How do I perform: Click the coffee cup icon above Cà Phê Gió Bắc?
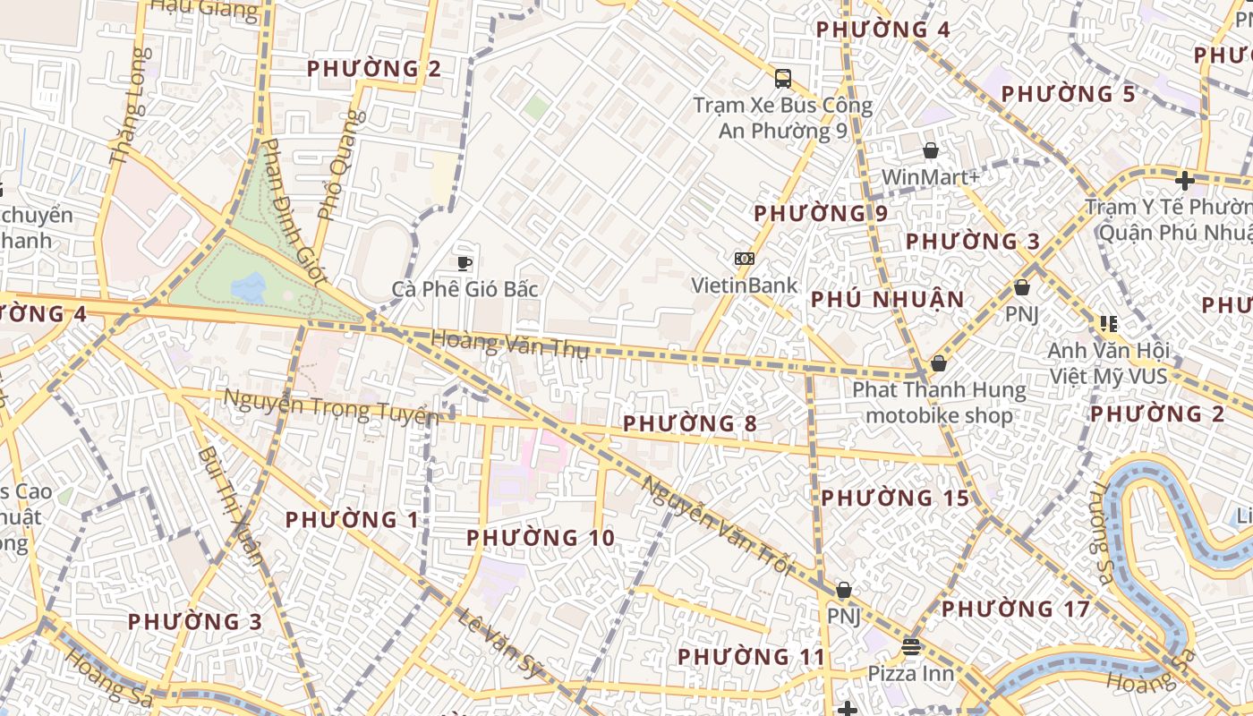click(464, 263)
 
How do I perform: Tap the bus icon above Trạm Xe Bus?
click(783, 79)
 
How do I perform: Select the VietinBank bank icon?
click(744, 259)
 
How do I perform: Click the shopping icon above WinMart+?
click(931, 150)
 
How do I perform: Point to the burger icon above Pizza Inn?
click(911, 645)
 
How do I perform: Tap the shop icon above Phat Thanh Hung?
click(938, 363)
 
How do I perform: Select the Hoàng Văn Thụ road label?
click(510, 345)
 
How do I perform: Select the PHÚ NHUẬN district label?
click(887, 300)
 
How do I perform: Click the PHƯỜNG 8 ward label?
click(689, 423)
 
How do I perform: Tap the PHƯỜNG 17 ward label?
click(1015, 609)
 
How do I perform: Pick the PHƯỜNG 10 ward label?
click(541, 538)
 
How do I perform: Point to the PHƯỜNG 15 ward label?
click(895, 498)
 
